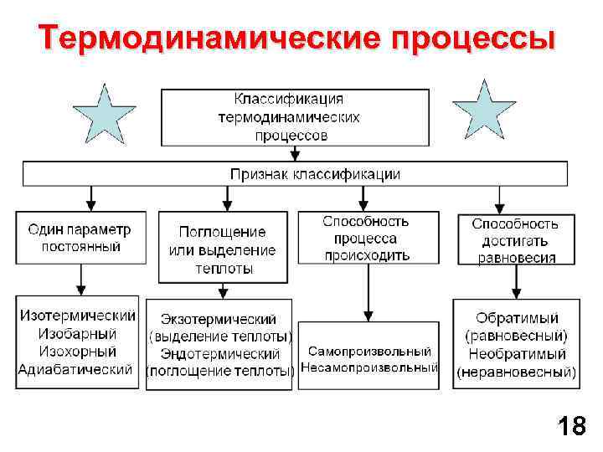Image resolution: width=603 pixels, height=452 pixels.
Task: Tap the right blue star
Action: (x=484, y=110)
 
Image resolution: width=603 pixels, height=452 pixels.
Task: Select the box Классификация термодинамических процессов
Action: (x=296, y=117)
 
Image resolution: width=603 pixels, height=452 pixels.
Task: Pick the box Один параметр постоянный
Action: (x=80, y=238)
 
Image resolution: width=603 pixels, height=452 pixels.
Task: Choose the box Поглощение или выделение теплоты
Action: (x=222, y=249)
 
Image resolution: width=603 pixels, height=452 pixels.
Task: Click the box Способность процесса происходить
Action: (x=366, y=238)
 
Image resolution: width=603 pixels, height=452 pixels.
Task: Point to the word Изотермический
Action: (x=78, y=316)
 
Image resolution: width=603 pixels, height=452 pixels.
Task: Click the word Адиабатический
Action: (x=76, y=369)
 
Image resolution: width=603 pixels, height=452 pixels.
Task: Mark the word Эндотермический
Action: (x=219, y=353)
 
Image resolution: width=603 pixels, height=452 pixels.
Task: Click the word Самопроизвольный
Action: (x=369, y=352)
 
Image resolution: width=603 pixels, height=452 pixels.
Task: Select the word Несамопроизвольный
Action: (x=369, y=367)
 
